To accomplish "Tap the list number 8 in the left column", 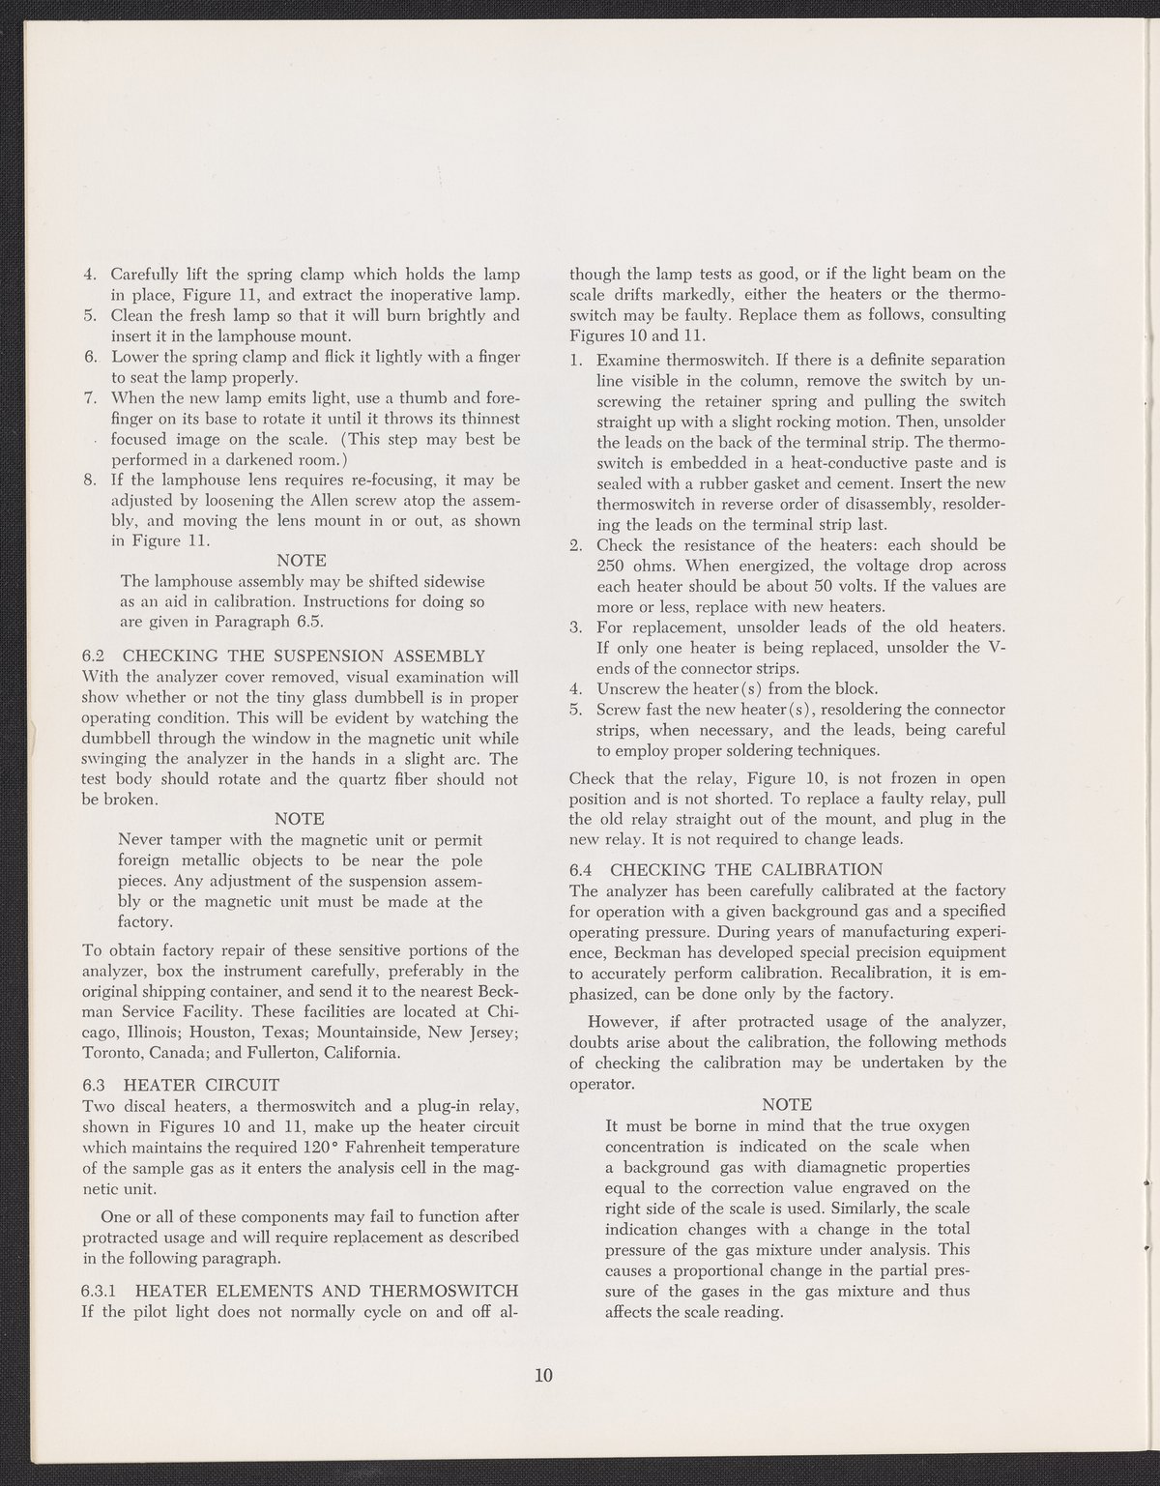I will point(90,481).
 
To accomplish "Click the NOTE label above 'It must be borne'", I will point(787,1104).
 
